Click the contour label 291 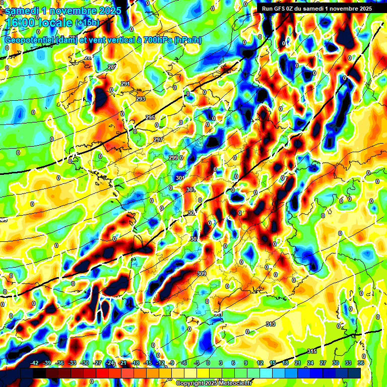(x=125, y=84)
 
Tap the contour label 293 (x=141, y=99)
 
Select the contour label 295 (x=150, y=117)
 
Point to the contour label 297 (x=158, y=140)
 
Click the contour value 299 (x=173, y=158)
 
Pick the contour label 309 (x=202, y=274)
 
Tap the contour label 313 (x=271, y=324)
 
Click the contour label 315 (x=311, y=351)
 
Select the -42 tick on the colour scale (x=35, y=363)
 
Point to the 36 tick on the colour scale (x=360, y=363)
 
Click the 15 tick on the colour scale (x=273, y=363)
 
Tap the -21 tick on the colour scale (x=122, y=363)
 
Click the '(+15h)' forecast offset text (x=87, y=23)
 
